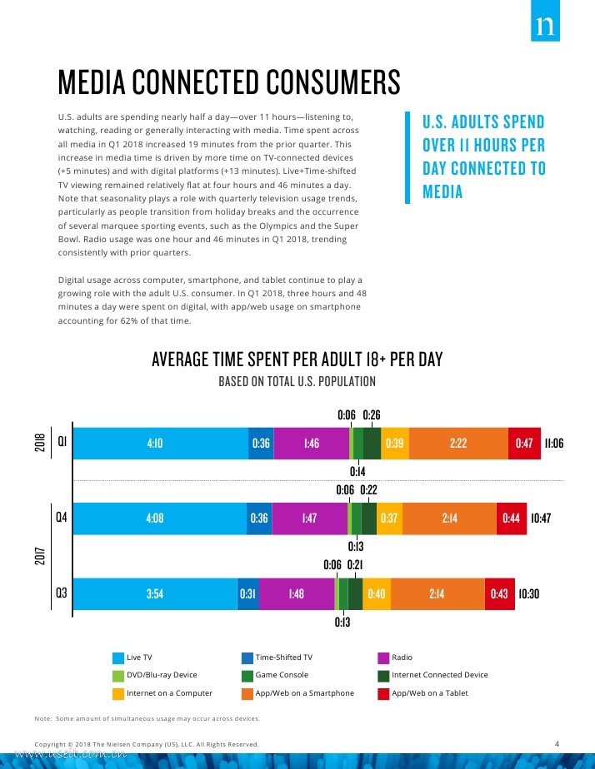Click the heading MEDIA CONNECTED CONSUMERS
229,83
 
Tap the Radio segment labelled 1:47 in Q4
308,518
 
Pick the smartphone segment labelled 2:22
457,444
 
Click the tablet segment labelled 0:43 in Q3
499,594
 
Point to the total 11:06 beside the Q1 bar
553,444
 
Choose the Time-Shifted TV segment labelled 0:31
248,594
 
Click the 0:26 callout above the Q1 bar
372,414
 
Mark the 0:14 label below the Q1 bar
357,471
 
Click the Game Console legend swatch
247,675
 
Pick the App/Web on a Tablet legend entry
429,693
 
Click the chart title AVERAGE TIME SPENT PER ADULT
297,360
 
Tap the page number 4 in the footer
557,742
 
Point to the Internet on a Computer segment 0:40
376,594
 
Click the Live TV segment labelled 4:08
154,518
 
